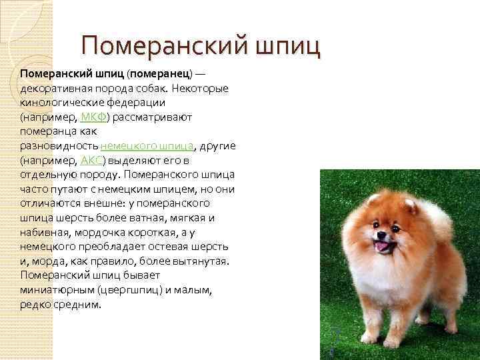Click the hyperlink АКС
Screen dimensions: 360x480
(x=91, y=161)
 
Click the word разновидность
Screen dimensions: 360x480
(x=59, y=146)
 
